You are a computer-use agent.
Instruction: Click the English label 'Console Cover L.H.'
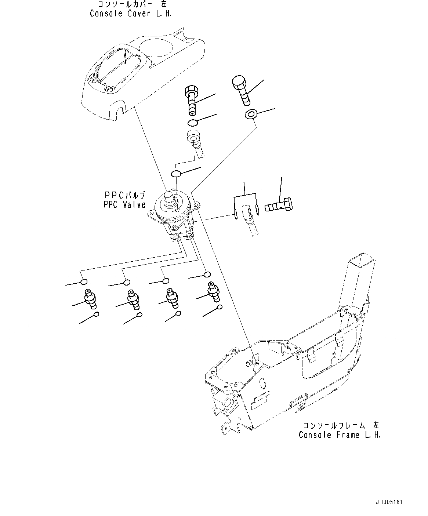[x=131, y=14]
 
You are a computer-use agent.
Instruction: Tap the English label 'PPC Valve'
[x=124, y=205]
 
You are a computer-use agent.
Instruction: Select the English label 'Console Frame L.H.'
[x=339, y=435]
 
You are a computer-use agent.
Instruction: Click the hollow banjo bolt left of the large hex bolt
[x=192, y=99]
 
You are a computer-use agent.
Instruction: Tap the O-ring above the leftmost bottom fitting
[x=84, y=282]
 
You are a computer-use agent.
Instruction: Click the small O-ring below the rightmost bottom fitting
[x=219, y=307]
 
